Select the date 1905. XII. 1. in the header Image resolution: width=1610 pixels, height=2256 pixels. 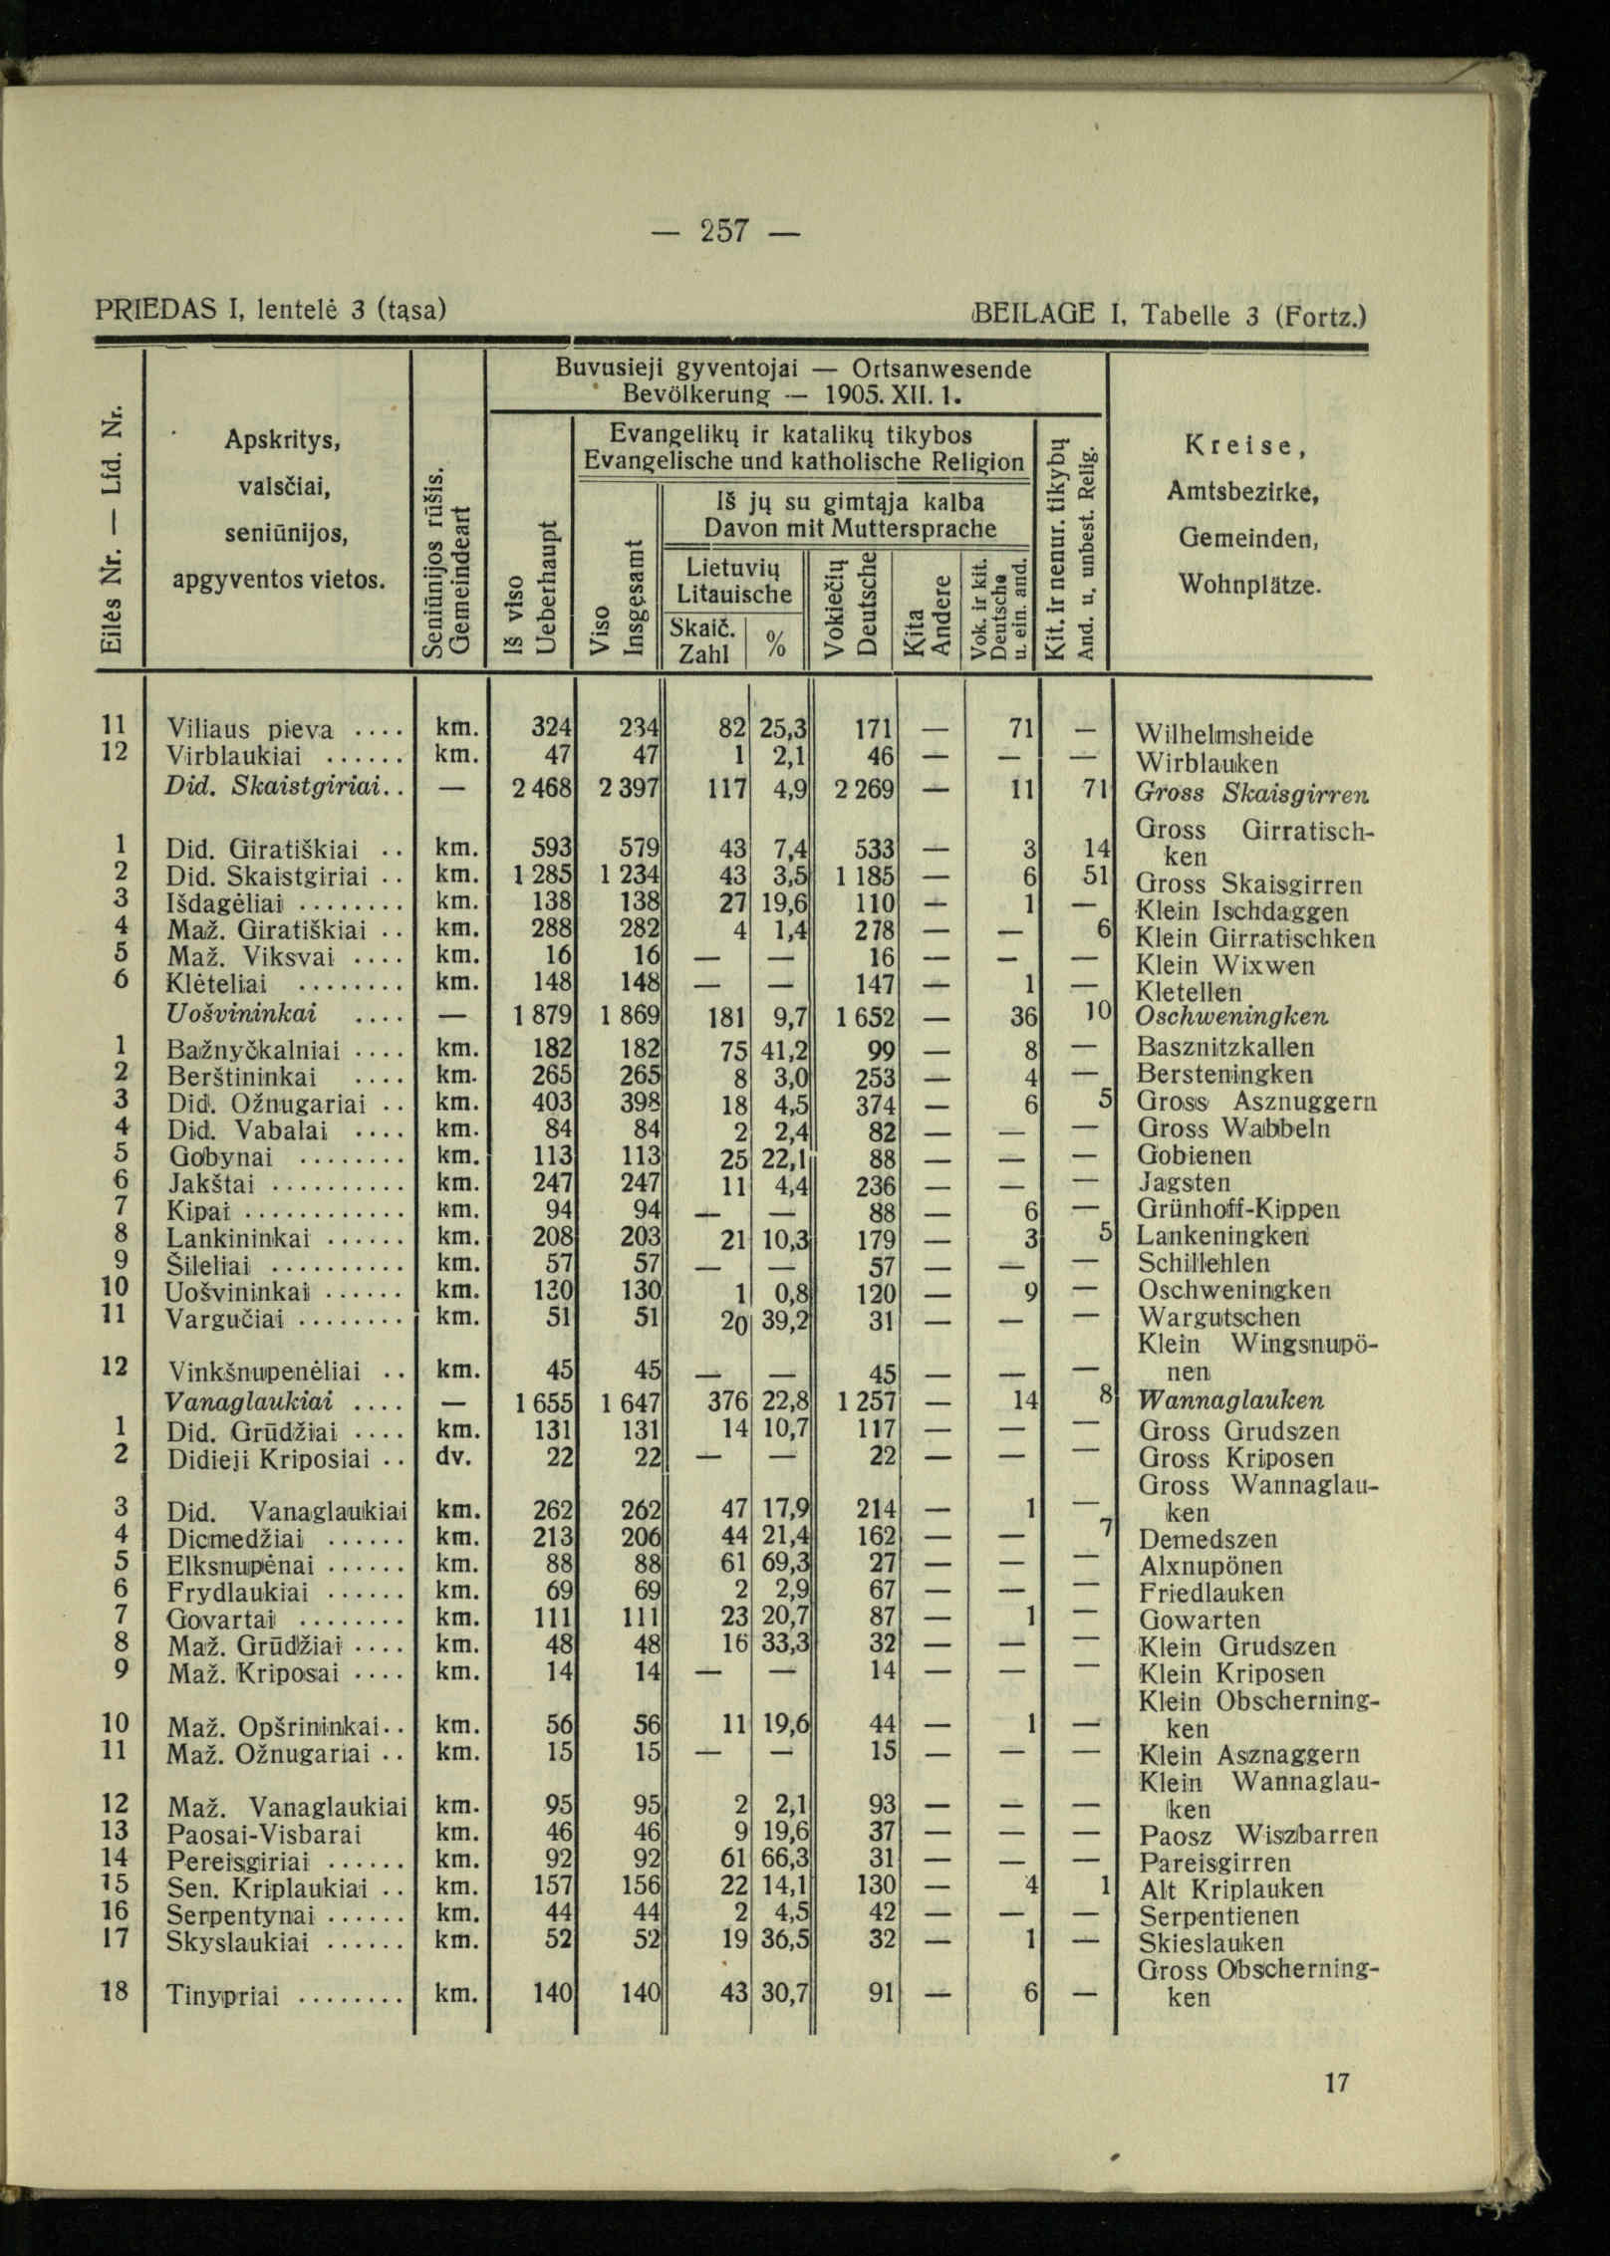887,393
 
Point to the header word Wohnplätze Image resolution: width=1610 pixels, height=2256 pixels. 1249,582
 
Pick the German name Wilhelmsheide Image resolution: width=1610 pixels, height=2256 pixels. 1224,736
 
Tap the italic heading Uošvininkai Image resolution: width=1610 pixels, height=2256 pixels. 242,1014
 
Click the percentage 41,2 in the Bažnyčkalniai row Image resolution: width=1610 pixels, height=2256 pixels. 784,1050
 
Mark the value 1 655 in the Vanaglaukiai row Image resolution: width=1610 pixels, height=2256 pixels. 539,1402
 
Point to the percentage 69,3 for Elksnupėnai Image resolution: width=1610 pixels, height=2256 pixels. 784,1563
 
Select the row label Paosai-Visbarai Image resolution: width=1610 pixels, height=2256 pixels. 263,1833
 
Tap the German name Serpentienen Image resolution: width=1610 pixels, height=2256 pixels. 1218,1915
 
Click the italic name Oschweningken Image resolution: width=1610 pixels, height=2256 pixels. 1231,1018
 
